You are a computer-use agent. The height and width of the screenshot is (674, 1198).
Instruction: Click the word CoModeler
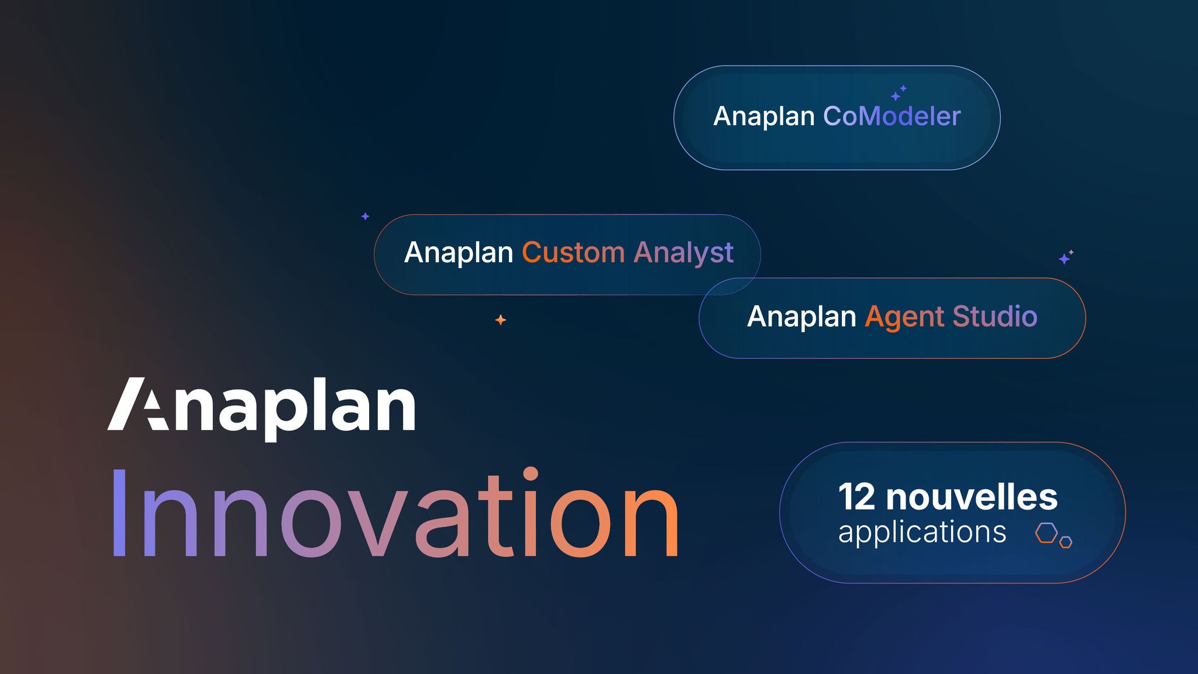point(891,116)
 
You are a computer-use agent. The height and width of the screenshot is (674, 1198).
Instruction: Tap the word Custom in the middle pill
point(573,253)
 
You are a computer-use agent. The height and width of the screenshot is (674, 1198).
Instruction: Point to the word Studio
point(994,317)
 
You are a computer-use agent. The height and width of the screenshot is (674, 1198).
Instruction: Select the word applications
point(922,533)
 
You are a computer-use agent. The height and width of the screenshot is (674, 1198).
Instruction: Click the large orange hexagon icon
point(1046,533)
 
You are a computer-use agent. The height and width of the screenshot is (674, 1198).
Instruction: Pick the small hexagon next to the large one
point(1066,542)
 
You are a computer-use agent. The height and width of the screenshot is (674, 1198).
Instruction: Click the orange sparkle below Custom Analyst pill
point(501,320)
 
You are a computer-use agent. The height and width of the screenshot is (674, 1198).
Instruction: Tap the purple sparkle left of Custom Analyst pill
point(365,216)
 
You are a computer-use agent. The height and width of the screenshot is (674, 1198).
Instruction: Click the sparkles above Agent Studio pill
point(1066,257)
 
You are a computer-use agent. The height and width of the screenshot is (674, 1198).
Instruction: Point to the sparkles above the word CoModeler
point(898,93)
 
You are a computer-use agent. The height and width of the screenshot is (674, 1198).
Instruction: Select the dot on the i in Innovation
point(530,473)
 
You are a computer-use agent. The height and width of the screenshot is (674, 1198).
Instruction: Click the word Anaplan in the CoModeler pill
point(764,116)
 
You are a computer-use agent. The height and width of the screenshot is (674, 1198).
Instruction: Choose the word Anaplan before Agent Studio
point(801,317)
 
